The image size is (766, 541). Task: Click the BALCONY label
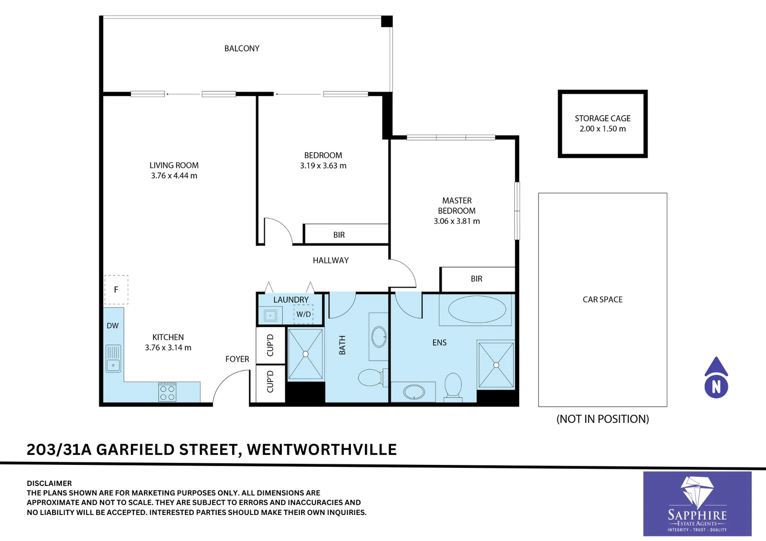(x=242, y=49)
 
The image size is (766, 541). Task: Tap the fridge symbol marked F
(x=116, y=290)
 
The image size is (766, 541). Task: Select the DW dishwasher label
(x=113, y=326)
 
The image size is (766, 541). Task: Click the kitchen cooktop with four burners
(x=167, y=392)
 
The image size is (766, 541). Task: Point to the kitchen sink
(x=113, y=358)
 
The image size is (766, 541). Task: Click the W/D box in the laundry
(x=303, y=314)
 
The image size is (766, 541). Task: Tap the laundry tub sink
(x=270, y=316)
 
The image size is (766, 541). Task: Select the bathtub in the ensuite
(x=477, y=310)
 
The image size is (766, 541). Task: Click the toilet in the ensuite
(x=453, y=386)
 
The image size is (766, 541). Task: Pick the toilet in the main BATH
(x=371, y=377)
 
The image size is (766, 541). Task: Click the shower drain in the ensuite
(x=496, y=365)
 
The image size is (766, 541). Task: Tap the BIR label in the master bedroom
(x=477, y=279)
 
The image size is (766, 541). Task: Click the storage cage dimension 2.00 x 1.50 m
(x=603, y=129)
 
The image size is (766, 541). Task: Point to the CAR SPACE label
(x=603, y=300)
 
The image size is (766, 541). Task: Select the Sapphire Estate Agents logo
(x=697, y=503)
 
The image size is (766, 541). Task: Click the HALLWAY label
(x=331, y=260)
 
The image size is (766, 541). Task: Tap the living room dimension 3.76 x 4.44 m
(x=174, y=176)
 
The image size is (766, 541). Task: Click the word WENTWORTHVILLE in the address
(x=322, y=449)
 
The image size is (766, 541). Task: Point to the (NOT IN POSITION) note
(x=603, y=419)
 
